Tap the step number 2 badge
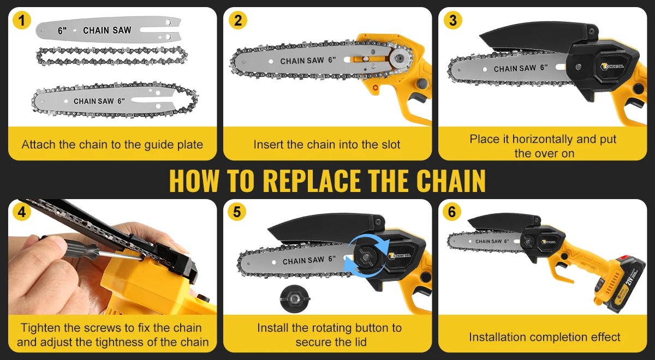[237, 21]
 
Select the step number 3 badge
[452, 21]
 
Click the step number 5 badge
[237, 212]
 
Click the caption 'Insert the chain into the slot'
[327, 145]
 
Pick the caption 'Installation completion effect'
[544, 337]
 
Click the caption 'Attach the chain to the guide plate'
[112, 145]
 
